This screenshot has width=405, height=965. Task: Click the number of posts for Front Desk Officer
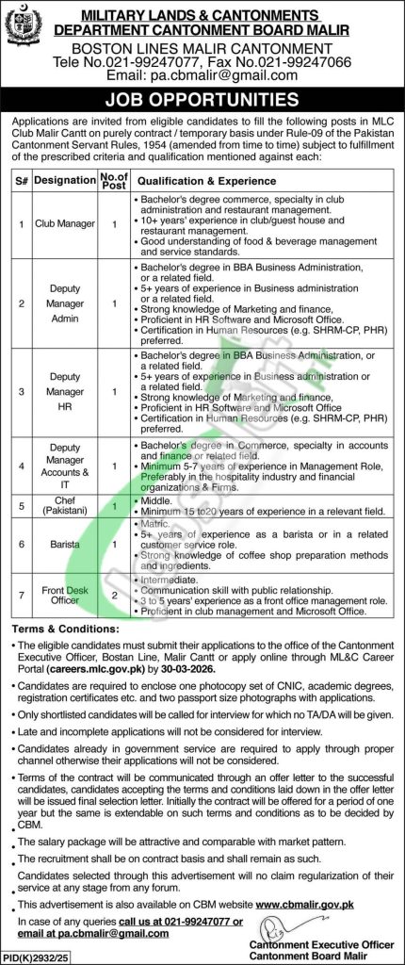[x=113, y=596]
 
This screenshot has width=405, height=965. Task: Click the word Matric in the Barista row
[x=154, y=521]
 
